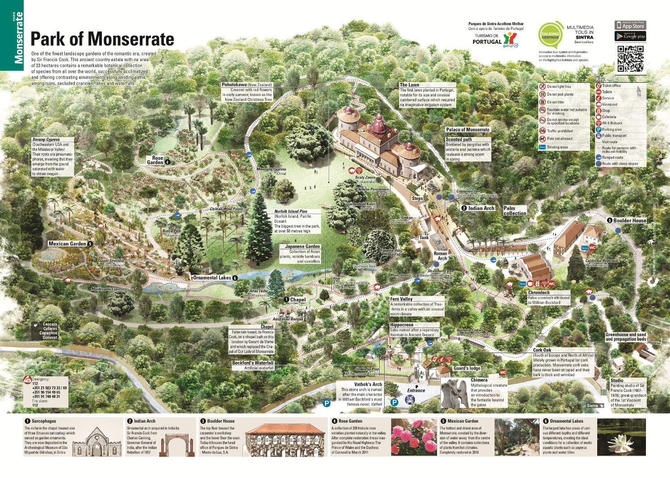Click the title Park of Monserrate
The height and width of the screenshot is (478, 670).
(x=102, y=39)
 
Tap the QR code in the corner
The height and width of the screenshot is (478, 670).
(x=630, y=59)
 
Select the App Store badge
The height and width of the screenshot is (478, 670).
(x=630, y=25)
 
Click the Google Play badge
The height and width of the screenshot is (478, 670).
(x=630, y=36)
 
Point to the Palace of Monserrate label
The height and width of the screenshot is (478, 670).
(x=468, y=129)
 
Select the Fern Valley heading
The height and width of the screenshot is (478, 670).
(x=401, y=299)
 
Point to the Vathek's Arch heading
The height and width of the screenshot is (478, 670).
(x=368, y=384)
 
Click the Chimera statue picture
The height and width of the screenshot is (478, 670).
(x=455, y=393)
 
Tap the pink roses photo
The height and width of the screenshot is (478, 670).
(x=414, y=437)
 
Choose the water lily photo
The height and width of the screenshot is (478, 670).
(x=621, y=437)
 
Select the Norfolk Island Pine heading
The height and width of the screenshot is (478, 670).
(x=290, y=212)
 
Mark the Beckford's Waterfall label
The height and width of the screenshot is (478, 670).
(x=252, y=363)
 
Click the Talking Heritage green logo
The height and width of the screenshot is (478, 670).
(x=550, y=35)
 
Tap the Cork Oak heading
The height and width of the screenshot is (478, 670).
(x=542, y=350)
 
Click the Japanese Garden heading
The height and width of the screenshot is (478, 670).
(x=302, y=246)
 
